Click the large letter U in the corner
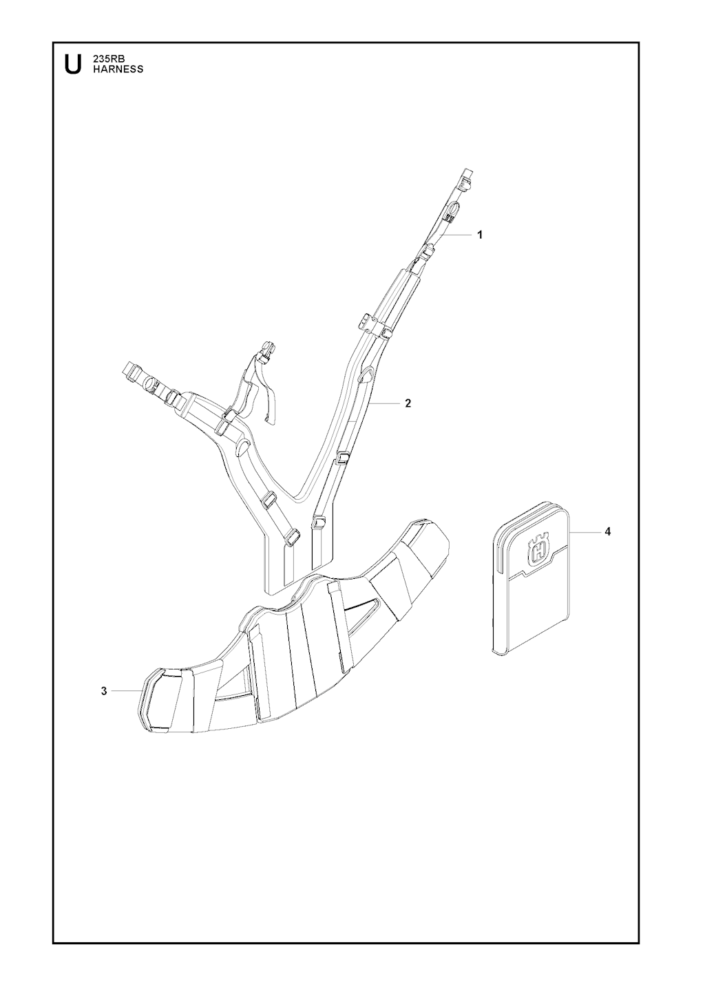(73, 64)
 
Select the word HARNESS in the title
(118, 70)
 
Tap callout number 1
(481, 235)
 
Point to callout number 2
(408, 403)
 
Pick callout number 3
(104, 691)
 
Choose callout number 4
(608, 532)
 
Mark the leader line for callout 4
(585, 532)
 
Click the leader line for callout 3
(127, 691)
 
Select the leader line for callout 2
(383, 403)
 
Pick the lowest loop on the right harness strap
(319, 522)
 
